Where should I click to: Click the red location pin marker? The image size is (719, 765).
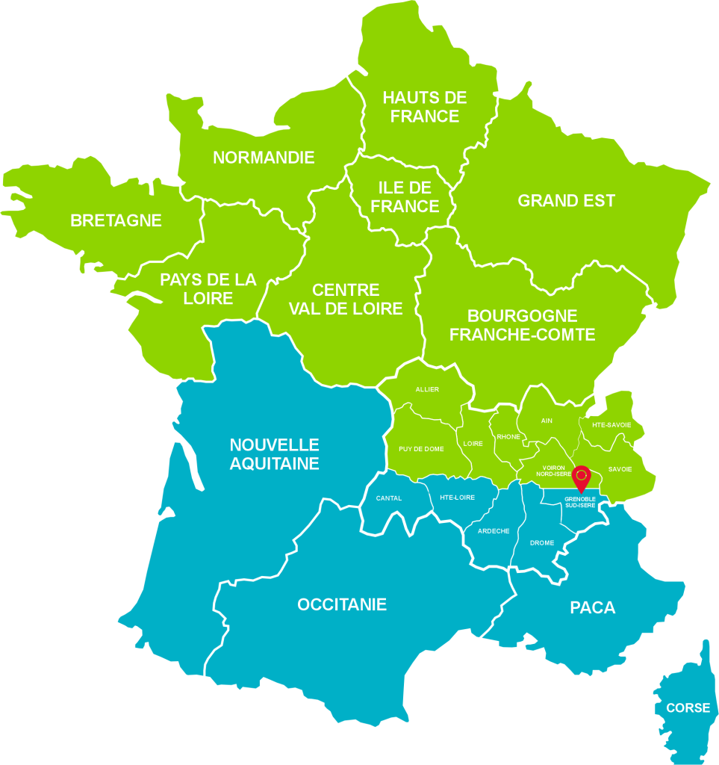tap(581, 476)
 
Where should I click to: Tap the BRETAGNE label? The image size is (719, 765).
tap(116, 220)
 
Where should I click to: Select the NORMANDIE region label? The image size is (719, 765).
tap(264, 158)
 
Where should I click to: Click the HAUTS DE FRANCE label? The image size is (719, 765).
tap(425, 107)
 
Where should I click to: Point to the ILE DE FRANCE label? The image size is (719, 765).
tap(405, 197)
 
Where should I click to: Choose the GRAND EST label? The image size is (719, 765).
tap(567, 200)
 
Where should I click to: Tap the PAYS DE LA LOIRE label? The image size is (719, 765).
tap(208, 289)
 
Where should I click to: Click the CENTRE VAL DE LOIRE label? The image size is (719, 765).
tap(346, 299)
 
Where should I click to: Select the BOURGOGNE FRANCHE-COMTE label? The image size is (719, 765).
tap(523, 325)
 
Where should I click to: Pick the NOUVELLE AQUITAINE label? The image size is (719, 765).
tap(274, 453)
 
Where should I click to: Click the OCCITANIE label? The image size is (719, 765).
tap(342, 604)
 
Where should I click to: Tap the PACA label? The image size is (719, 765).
tap(593, 607)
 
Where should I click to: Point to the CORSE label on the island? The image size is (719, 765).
tap(688, 707)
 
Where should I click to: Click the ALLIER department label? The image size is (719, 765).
tap(427, 389)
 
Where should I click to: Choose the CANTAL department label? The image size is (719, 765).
tap(389, 498)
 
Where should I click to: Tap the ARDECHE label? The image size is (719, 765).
tap(494, 530)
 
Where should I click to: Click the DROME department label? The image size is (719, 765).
tap(542, 543)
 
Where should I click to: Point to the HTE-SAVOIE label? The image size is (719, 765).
tap(611, 425)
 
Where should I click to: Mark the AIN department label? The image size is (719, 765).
tap(547, 421)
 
